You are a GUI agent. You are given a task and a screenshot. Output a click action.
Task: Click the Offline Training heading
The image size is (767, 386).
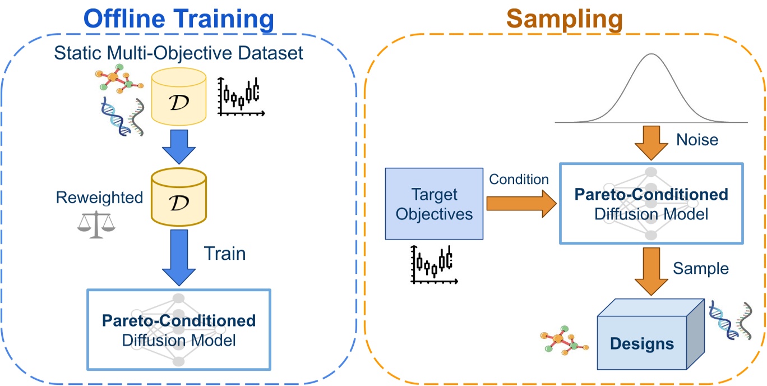pos(178,20)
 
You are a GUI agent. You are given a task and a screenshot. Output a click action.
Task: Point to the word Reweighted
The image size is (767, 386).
pos(99,197)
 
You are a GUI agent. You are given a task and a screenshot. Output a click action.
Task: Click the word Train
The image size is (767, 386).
pos(224,254)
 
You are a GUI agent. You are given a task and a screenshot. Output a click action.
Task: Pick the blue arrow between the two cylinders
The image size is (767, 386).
pos(178,147)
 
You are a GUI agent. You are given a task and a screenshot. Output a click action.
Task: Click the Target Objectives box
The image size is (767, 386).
pos(435,204)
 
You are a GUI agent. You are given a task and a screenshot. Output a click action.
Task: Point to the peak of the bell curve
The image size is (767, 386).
pos(651,54)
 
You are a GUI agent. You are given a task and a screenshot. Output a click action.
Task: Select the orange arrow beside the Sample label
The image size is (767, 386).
pos(651,271)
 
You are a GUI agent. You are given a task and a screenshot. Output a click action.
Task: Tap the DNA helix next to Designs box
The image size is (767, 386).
pos(729,320)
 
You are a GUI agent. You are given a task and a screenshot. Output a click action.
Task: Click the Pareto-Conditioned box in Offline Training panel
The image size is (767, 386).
pos(178,329)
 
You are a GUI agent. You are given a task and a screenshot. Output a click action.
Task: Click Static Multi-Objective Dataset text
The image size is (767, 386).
pos(178,54)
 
